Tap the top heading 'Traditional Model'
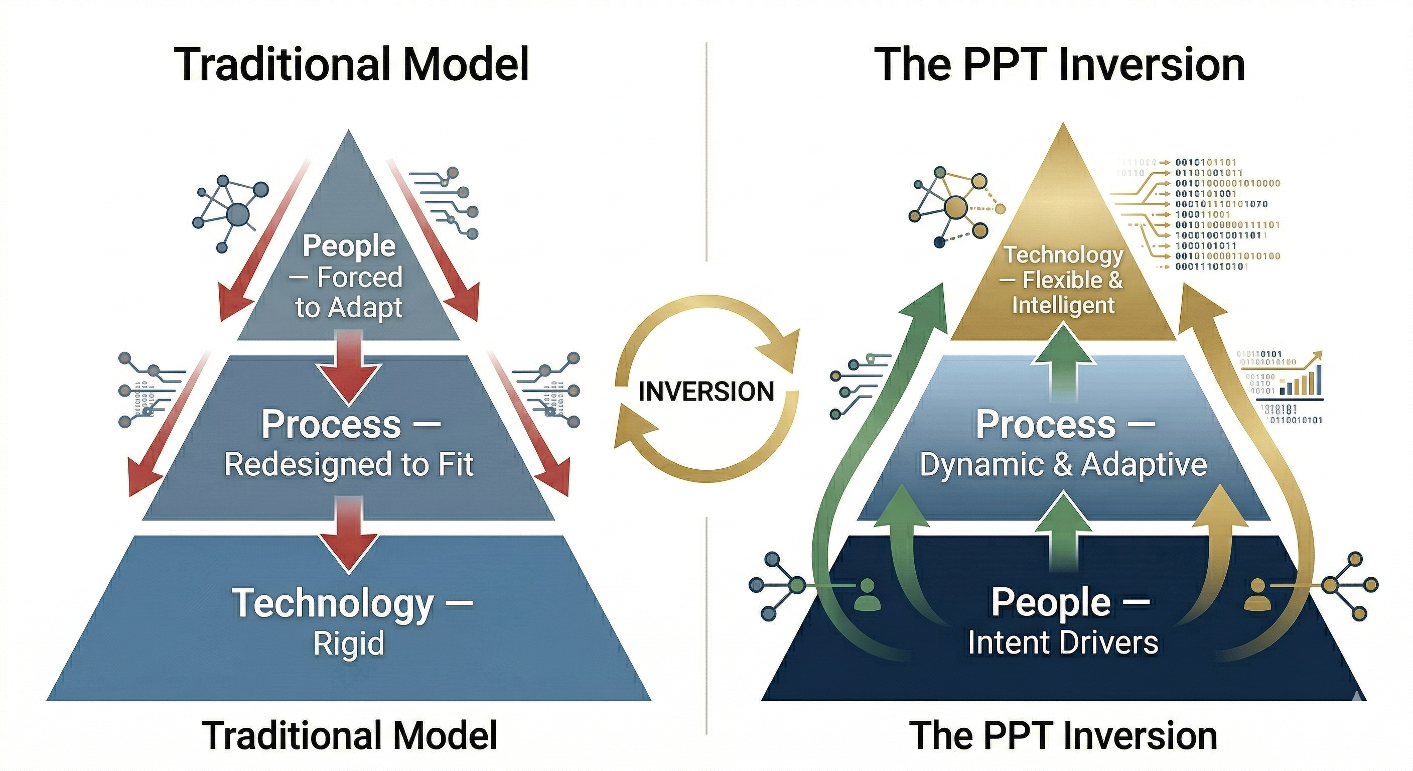352,65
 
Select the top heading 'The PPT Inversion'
1062,65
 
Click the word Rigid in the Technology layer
349,643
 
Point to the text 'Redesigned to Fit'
349,464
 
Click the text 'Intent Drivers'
1062,642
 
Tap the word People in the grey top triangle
349,246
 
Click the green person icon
868,595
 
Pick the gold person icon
1258,595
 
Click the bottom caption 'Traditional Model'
349,735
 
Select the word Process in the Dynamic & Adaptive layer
1046,425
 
